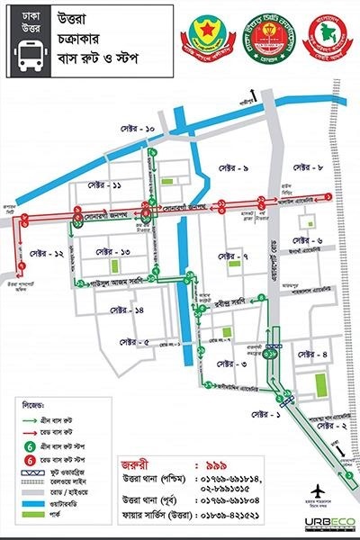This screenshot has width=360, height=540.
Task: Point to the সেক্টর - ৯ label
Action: pos(231,169)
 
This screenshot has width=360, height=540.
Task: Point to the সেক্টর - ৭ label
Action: pos(232,257)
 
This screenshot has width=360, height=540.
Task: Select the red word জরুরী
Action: pos(140,468)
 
